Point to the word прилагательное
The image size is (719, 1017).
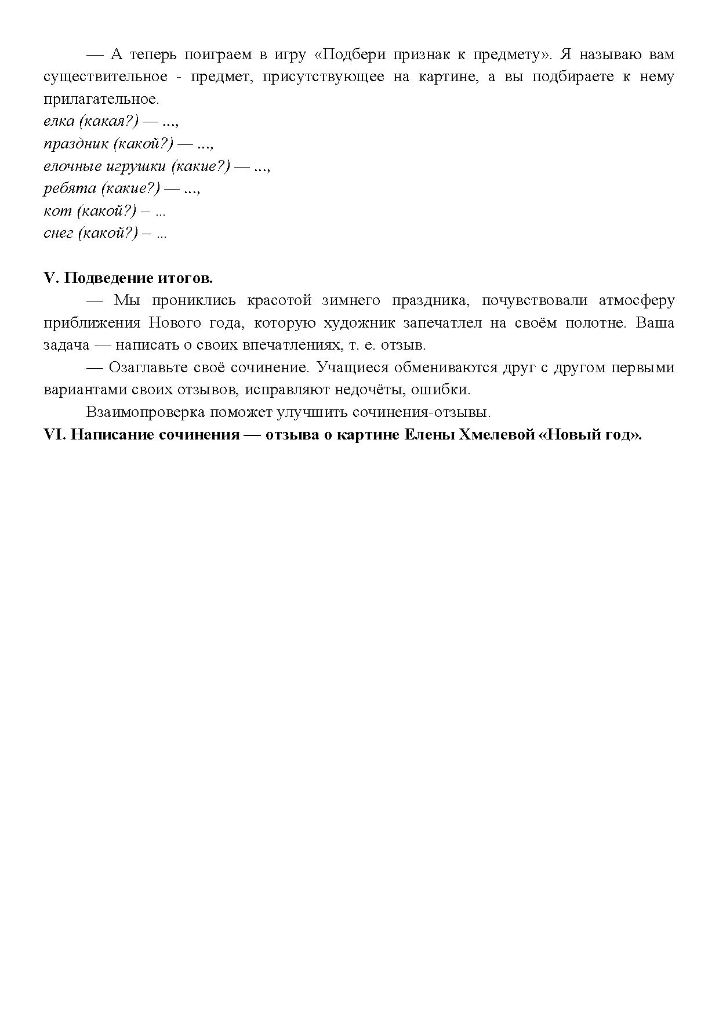[x=100, y=99]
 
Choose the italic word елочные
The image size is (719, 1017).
[x=72, y=166]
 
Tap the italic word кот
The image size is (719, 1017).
[x=57, y=210]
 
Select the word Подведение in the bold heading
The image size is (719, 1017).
[x=101, y=278]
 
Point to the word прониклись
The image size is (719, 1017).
[x=194, y=300]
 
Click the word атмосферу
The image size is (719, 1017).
[x=637, y=300]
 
